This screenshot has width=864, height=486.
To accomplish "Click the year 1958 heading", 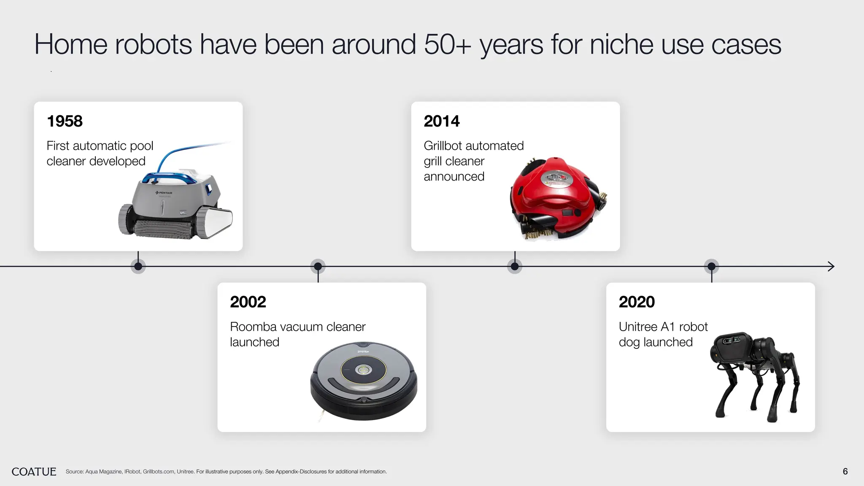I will [x=65, y=121].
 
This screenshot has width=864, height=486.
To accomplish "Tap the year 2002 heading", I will [x=248, y=302].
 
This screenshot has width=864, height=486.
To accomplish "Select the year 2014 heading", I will [x=441, y=121].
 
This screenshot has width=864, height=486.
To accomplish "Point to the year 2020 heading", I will [x=636, y=302].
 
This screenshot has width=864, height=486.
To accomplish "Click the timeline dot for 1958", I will [x=138, y=266].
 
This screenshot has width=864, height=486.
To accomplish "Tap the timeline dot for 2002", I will [x=318, y=266].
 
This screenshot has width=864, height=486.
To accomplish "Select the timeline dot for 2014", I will [x=515, y=266].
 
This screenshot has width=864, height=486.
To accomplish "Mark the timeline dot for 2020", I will [x=711, y=266].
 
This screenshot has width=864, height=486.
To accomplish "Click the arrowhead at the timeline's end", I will [x=831, y=266].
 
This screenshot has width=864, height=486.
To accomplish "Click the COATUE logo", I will [x=34, y=472].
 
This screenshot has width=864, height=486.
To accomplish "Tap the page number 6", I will [x=845, y=472].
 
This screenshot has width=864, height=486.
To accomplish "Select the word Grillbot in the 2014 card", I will [x=443, y=146].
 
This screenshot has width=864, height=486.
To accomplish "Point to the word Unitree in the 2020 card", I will [x=637, y=327].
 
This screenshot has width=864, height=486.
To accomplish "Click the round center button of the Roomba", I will [x=363, y=370].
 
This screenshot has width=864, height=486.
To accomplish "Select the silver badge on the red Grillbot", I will [x=557, y=178].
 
